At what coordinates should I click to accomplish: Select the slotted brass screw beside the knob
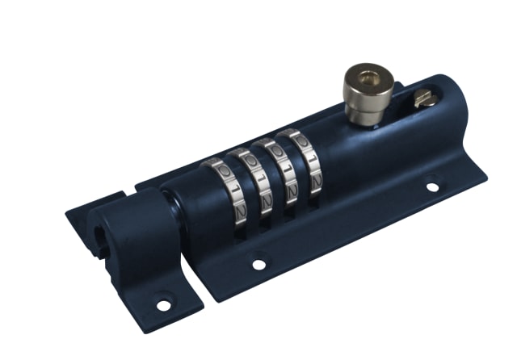[425, 98]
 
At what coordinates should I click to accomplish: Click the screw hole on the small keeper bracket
[163, 305]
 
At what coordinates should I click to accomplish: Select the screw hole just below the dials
[258, 263]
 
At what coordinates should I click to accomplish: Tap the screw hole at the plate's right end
[432, 186]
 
